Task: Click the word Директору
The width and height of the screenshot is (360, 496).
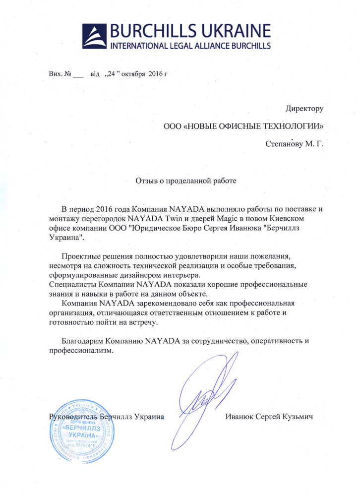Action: (304, 108)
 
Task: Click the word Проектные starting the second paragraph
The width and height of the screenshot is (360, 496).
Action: (81, 256)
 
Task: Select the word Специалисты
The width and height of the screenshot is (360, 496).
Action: (73, 284)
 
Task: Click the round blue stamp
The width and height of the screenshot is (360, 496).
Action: (79, 431)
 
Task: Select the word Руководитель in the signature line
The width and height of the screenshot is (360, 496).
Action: (72, 417)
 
